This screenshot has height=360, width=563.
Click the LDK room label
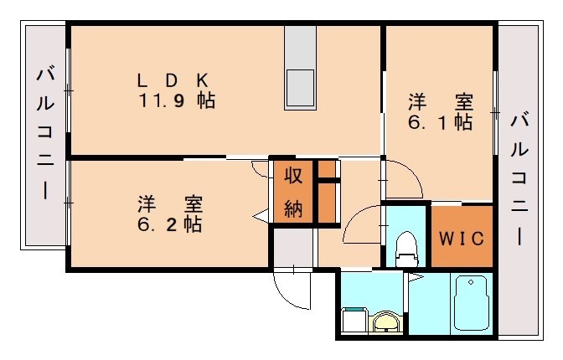pos(173,80)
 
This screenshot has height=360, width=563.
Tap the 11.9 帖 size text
pos(177,101)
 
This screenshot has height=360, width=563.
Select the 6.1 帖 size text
pos(440,122)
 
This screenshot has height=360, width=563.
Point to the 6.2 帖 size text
pos(170,224)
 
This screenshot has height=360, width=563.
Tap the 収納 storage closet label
pos(292,192)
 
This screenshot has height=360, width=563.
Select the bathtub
pos(470,305)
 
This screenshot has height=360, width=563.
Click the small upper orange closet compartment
pos(326,170)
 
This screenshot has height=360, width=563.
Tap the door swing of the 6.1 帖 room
pos(400,179)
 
